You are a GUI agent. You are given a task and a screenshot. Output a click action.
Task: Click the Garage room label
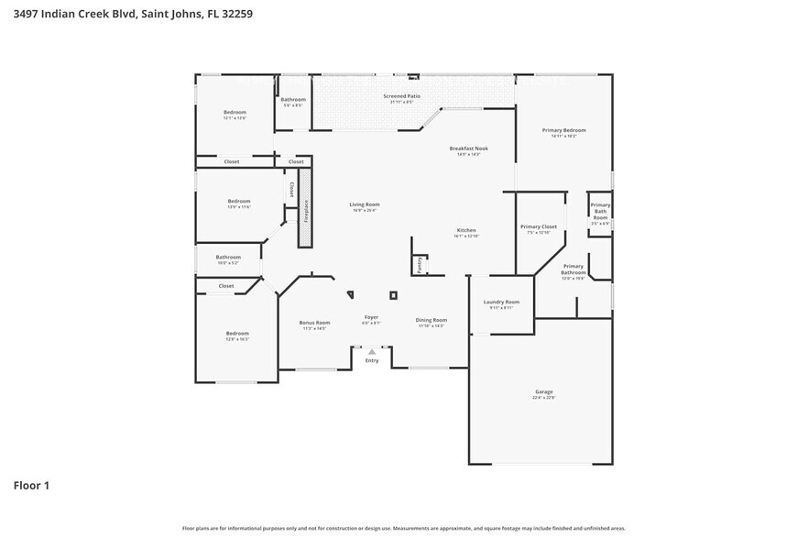point(544,391)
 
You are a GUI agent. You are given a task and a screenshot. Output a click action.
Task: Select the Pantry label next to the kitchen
point(420,265)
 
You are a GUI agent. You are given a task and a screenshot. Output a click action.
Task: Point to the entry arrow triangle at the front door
point(371,351)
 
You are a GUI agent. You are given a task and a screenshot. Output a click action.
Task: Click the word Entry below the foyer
point(371,360)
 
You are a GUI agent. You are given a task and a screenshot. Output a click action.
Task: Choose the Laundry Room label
point(501,302)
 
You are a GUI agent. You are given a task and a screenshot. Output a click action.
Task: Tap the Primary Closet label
point(538,226)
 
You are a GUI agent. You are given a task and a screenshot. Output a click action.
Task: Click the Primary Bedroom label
point(563,130)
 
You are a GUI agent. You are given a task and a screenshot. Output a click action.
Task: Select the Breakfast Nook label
point(468,148)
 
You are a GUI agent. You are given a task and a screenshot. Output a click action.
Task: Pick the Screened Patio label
point(401,96)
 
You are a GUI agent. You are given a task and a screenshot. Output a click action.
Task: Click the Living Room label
point(365,204)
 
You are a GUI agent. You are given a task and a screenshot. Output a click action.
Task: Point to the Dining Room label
point(431,320)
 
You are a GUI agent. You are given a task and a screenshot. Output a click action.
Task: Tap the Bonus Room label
point(314,323)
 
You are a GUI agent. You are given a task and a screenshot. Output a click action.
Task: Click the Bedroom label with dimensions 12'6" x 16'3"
point(237,334)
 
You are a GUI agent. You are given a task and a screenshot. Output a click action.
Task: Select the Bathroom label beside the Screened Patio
point(293,99)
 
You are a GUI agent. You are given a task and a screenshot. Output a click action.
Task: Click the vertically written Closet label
point(291,189)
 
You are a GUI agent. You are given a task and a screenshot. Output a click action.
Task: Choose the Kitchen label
point(466,230)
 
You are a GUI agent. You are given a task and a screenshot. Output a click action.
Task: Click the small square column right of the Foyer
point(393,295)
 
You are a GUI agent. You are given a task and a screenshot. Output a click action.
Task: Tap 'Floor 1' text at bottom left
point(30,485)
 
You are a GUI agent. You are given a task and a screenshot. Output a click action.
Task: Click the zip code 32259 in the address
point(233,14)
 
